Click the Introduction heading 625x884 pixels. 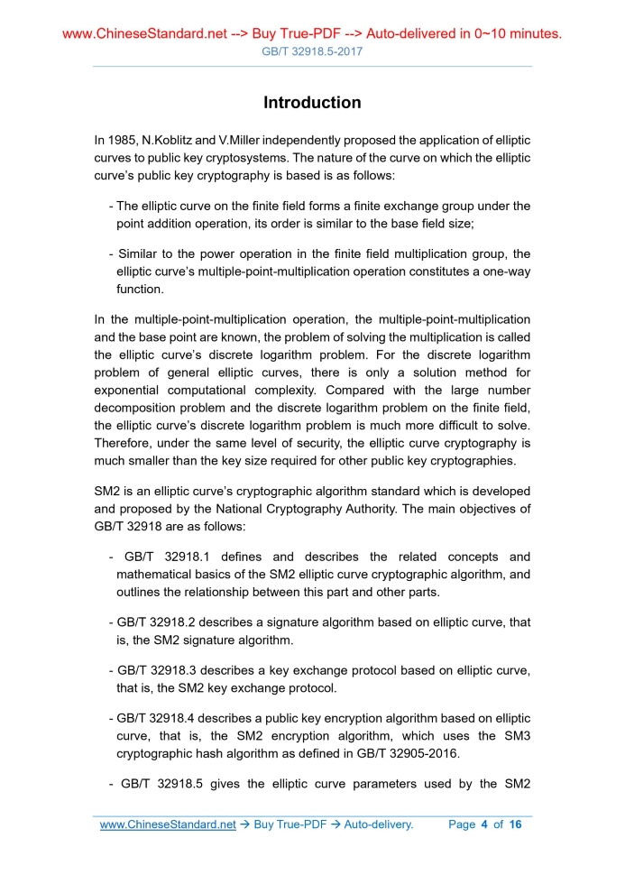click(312, 103)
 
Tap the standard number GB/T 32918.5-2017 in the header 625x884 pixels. click(312, 52)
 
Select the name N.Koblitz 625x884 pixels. click(170, 141)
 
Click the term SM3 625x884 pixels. click(512, 736)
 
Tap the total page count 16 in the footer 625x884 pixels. click(515, 824)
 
